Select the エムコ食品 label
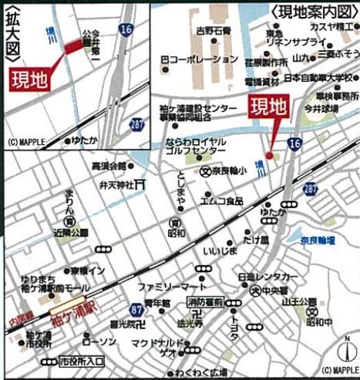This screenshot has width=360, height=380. point(222,201)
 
